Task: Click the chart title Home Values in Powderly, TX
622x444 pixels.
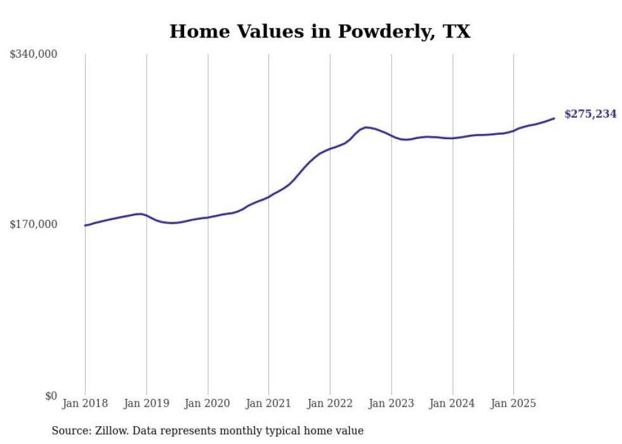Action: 320,31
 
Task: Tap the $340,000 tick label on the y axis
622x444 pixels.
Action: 34,55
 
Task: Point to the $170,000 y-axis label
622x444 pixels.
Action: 34,224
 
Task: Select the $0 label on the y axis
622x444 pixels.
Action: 51,396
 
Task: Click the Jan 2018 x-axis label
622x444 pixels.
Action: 85,403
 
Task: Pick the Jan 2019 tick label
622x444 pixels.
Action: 147,403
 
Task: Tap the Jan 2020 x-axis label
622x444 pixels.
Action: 208,403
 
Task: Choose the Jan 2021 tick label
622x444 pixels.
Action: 268,403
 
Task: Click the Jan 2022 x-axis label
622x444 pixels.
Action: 330,403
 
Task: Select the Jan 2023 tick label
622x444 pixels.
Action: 391,403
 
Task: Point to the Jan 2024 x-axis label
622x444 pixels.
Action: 453,403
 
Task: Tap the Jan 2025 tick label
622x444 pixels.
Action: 513,403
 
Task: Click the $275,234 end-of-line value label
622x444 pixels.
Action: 590,114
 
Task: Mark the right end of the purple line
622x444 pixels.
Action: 554,118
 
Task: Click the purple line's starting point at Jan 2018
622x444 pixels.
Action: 86,225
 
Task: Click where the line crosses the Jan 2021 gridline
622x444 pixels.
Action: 268,197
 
